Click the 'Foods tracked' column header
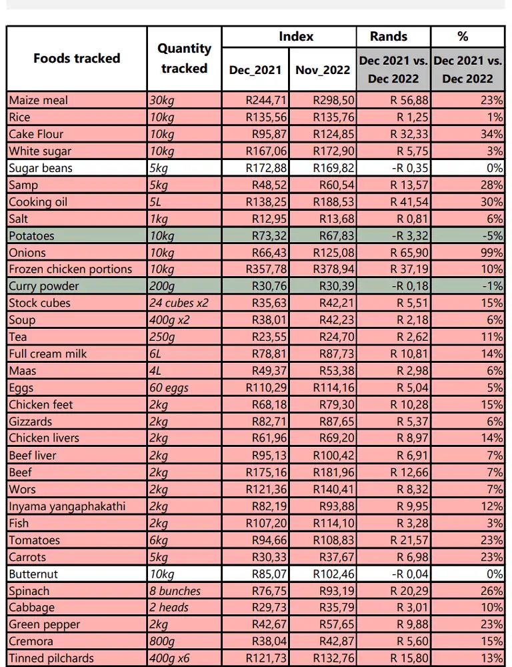[x=77, y=58]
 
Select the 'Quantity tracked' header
[x=184, y=58]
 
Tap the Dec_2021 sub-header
[x=255, y=70]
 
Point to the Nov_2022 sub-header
[x=323, y=70]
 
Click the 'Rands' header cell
[x=389, y=37]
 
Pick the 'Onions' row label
[x=27, y=253]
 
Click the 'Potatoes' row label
[x=31, y=235]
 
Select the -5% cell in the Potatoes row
[x=493, y=235]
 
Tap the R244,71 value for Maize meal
[x=266, y=101]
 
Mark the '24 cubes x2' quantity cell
[x=179, y=303]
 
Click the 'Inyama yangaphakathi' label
[x=67, y=507]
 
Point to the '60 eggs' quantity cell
[x=169, y=388]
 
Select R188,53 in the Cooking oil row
[x=333, y=202]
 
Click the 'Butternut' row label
[x=33, y=574]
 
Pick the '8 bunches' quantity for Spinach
[x=175, y=591]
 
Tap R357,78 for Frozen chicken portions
[x=266, y=269]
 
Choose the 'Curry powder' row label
[x=44, y=286]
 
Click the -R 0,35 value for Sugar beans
[x=410, y=168]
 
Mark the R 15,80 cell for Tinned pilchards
[x=409, y=658]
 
